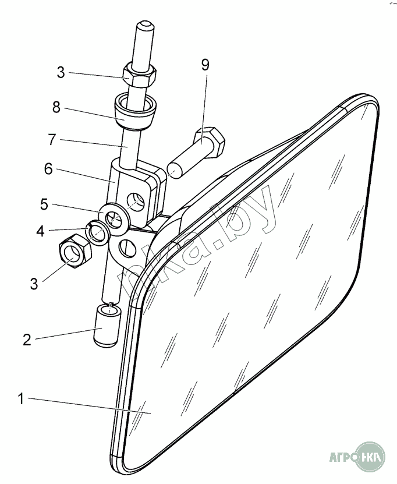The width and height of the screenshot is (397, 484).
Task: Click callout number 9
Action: coord(205,65)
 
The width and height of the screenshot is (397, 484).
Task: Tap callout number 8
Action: coord(55,108)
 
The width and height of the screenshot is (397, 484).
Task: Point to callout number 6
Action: coord(48,169)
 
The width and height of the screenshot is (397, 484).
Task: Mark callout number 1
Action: coord(22,400)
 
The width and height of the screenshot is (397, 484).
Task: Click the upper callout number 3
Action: coord(61,73)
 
